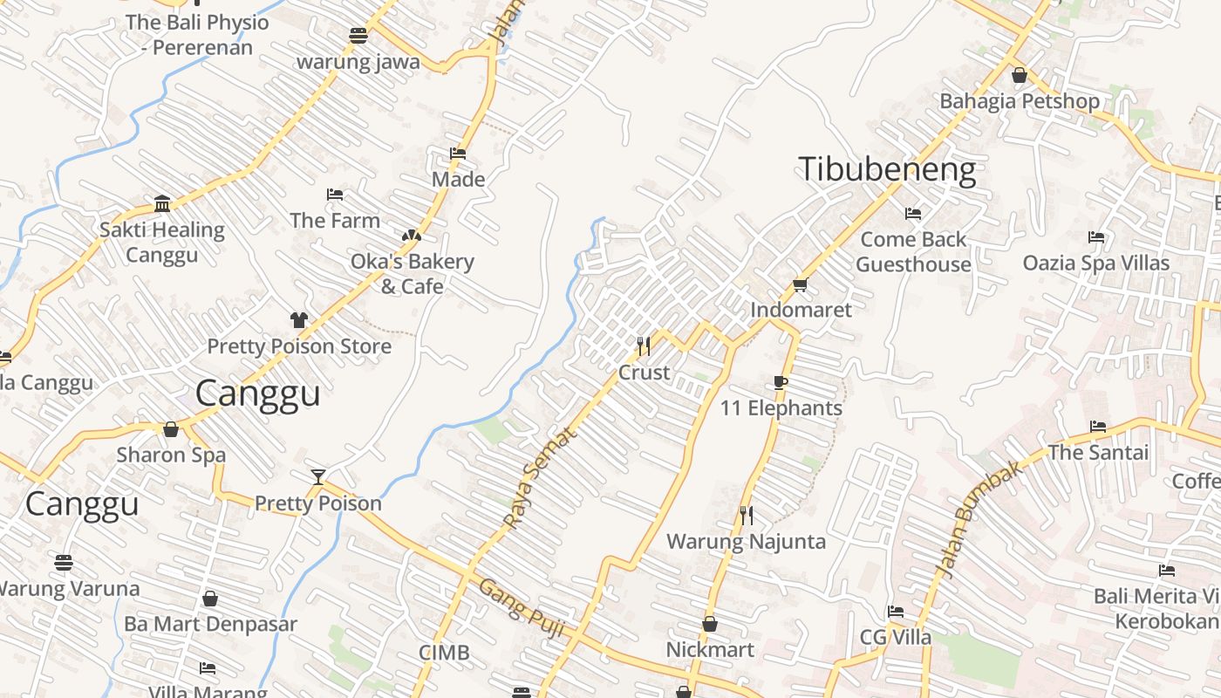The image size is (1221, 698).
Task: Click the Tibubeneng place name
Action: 887,169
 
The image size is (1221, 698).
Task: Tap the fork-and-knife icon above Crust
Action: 644,346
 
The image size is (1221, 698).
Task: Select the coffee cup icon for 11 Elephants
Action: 781,383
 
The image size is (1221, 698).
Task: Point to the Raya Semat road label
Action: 540,477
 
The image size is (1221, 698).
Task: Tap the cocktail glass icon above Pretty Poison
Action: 318,477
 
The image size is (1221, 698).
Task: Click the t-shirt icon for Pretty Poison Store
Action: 299,320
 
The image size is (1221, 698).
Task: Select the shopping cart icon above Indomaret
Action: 801,284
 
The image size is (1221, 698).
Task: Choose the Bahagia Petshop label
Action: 1019,101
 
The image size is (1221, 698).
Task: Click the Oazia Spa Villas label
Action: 1095,263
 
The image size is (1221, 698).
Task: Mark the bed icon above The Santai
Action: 1098,427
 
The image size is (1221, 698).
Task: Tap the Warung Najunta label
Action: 746,542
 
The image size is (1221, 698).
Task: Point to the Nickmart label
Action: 710,650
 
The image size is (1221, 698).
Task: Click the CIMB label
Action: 444,653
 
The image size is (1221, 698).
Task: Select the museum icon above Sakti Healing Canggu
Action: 162,204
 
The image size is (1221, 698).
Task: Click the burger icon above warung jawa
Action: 358,36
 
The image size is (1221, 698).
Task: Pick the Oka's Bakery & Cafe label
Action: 412,274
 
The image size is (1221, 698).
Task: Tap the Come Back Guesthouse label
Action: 913,252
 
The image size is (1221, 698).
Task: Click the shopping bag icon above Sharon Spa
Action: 171,429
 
